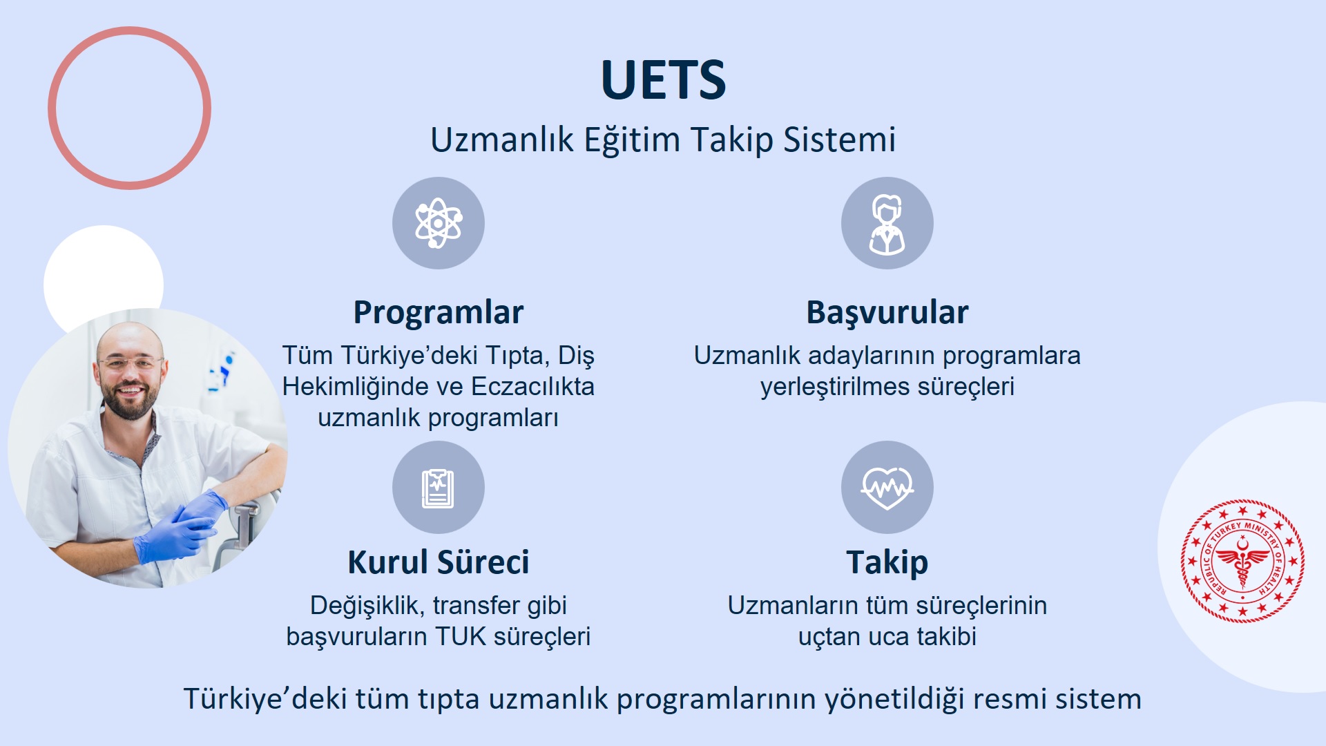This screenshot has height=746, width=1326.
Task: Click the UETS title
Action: pos(663,79)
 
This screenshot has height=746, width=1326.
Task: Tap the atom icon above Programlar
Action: pos(439,223)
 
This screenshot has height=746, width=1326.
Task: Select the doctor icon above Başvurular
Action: pos(887,223)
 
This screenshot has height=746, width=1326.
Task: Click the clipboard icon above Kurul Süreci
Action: pos(439,488)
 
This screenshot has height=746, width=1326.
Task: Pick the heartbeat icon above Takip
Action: pos(887,488)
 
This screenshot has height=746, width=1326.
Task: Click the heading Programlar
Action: pos(439,312)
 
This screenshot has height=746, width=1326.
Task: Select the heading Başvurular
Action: pos(887,313)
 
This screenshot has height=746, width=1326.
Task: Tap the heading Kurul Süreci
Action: pos(439,562)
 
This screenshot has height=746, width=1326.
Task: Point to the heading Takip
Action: pos(887,563)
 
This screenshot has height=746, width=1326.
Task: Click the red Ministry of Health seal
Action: pos(1242,561)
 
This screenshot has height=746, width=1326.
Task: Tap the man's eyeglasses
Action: pos(130,363)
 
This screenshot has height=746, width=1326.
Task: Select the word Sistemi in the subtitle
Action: pos(839,140)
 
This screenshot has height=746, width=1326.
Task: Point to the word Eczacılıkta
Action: pos(532,386)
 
